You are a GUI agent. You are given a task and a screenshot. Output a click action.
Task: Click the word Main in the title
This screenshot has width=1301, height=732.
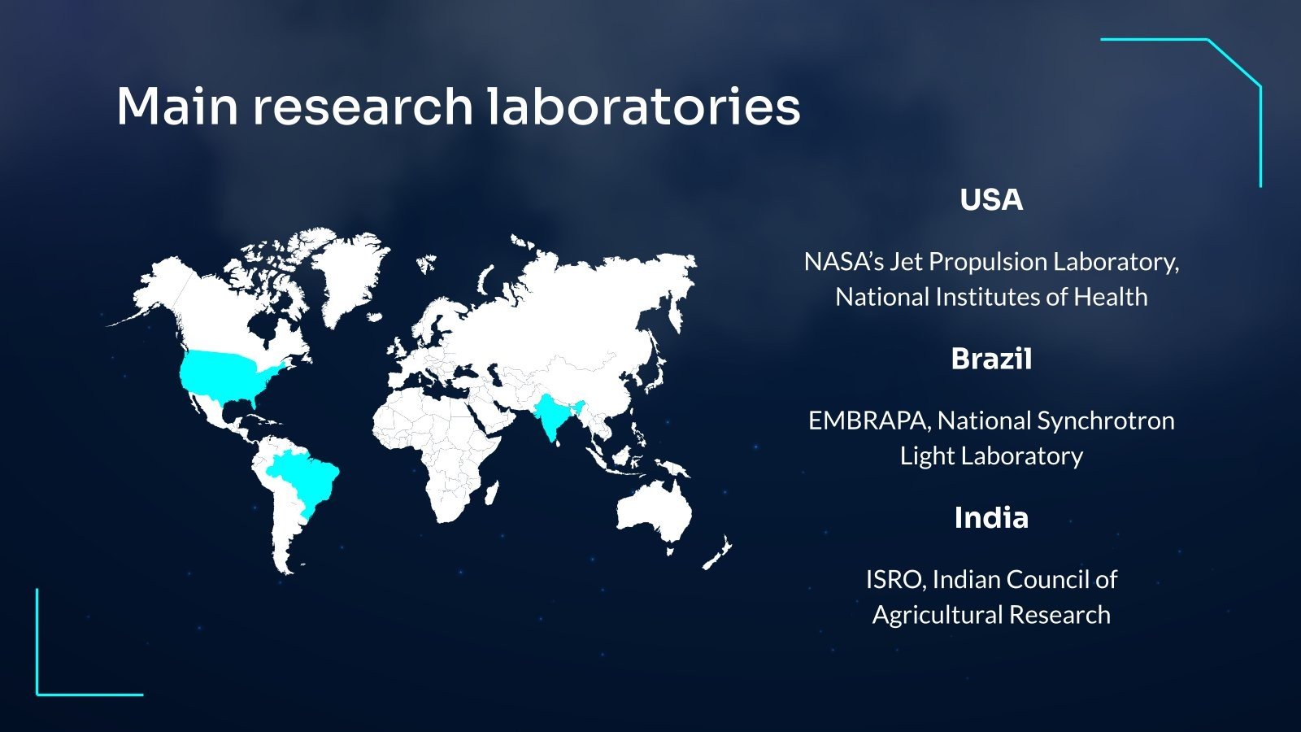click(x=177, y=107)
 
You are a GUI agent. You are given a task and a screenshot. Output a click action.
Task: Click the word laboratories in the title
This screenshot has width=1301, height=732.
click(x=643, y=107)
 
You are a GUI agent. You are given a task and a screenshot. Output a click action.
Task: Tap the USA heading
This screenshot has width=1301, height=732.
click(x=991, y=200)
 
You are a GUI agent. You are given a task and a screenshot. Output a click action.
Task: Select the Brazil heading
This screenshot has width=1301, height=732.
click(x=991, y=359)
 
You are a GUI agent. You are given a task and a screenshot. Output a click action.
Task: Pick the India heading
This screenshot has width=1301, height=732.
click(x=991, y=517)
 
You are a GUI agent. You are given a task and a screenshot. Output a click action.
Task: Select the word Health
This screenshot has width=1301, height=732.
click(x=1111, y=297)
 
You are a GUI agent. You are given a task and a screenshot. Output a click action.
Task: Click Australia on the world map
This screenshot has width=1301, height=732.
click(x=655, y=512)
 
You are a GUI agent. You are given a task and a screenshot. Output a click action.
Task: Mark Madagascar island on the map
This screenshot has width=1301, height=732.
click(x=492, y=493)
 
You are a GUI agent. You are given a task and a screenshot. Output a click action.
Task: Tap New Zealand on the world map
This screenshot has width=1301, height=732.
click(x=718, y=552)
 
